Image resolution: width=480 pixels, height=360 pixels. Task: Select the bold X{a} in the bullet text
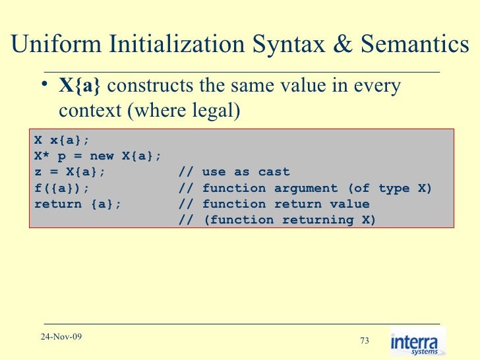[x=80, y=86]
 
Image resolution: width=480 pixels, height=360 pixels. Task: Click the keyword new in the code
[x=102, y=156]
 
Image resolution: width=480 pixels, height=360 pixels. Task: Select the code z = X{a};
[x=69, y=172]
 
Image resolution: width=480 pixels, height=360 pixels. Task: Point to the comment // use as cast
[x=234, y=172]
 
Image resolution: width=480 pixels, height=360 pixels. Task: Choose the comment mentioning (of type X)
[x=305, y=189]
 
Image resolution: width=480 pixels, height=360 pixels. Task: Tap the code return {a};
[x=77, y=204]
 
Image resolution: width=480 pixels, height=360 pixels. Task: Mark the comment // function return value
[x=274, y=204]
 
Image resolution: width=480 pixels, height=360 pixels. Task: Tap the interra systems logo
[x=417, y=342]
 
